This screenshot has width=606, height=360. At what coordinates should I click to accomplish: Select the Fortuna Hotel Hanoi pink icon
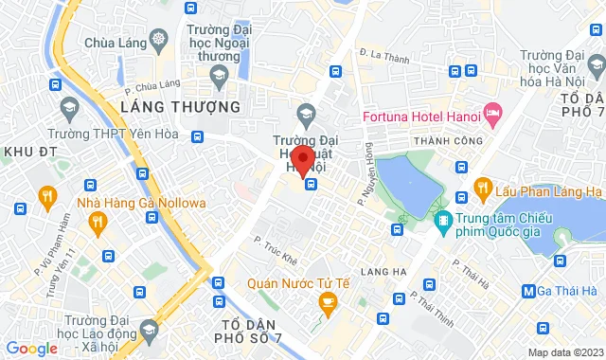[492, 116]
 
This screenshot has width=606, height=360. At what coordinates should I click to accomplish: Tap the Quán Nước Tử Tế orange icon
[328, 304]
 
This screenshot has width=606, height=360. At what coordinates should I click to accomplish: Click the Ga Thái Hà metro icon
[532, 290]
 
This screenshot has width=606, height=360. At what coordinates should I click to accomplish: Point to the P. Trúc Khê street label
[276, 244]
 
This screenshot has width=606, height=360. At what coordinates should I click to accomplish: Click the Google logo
[31, 348]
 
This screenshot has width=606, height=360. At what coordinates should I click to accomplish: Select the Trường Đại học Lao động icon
[148, 330]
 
